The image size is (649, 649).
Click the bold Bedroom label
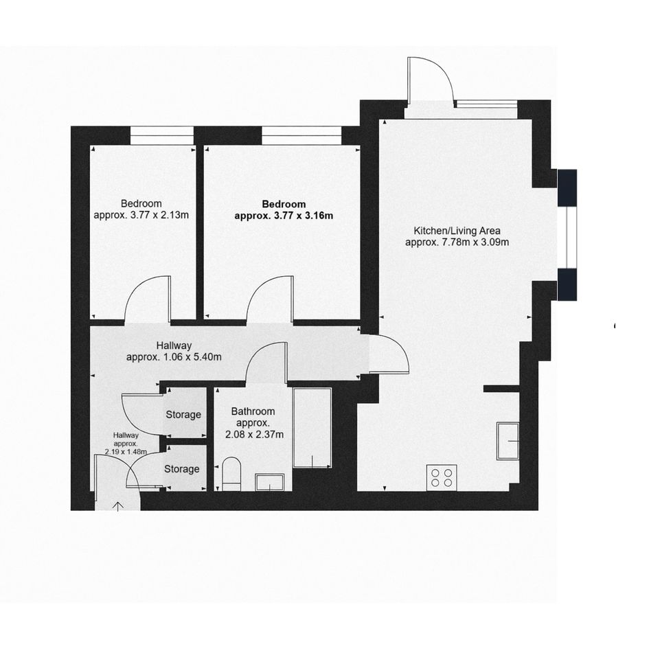(284, 204)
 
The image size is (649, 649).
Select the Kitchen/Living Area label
(457, 231)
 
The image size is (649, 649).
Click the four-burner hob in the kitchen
(442, 477)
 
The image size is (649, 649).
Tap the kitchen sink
(508, 441)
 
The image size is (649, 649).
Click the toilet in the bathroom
(231, 475)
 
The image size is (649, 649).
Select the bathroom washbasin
(269, 483)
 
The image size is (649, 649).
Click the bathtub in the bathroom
(312, 428)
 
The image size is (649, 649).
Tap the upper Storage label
(183, 414)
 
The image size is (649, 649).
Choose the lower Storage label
(182, 469)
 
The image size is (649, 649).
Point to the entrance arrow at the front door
(118, 507)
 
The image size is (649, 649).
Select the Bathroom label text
(253, 411)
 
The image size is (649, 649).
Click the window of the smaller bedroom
(162, 135)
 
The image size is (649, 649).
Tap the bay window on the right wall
(567, 235)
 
